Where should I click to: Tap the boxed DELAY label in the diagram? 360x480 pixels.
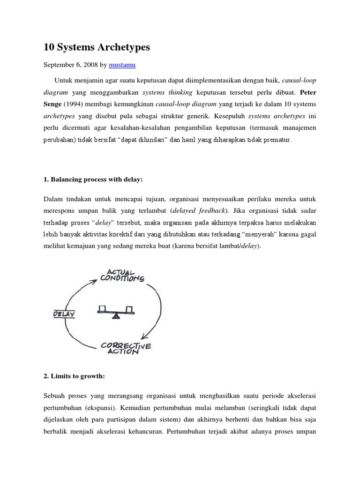(x=64, y=314)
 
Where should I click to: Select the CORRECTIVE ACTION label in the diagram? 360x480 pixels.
(x=126, y=348)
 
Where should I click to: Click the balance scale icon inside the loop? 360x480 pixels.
(x=115, y=310)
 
